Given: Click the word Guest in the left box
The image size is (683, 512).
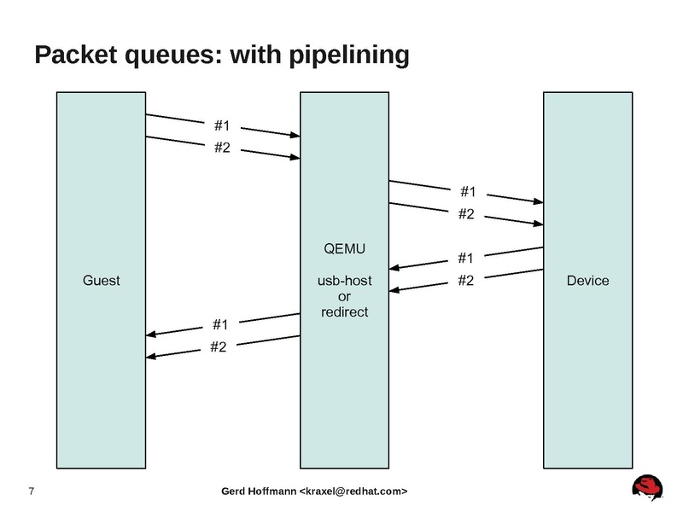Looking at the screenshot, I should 101,280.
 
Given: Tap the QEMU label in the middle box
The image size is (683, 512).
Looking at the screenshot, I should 344,249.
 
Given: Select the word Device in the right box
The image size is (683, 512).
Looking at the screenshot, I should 588,280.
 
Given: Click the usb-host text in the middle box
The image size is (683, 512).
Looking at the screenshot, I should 344,280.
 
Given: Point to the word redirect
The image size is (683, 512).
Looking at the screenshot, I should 344,311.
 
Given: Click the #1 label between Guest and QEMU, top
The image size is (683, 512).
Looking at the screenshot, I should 222,127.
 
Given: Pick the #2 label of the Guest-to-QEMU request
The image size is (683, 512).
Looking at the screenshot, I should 222,148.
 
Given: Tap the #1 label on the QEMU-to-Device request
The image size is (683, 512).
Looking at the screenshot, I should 467,192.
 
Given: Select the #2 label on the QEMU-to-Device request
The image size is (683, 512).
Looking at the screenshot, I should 466,214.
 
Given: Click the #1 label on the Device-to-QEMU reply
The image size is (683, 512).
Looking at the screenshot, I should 466,258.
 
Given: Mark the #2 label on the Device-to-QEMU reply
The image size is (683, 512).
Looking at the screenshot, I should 466,280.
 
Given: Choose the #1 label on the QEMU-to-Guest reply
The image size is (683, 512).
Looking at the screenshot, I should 220,324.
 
